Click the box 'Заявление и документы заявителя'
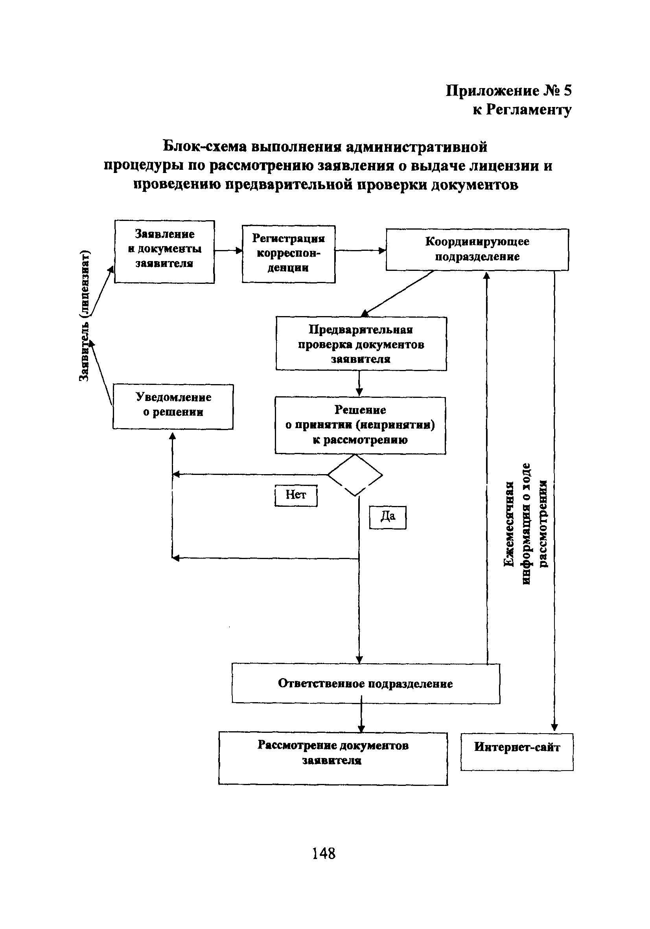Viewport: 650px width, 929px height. coord(164,251)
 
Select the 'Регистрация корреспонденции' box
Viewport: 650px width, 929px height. coord(288,254)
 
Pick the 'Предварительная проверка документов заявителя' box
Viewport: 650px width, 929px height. coord(361,343)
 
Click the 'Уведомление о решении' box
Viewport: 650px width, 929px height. coord(173,406)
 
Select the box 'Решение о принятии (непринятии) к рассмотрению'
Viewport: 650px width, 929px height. coord(360,425)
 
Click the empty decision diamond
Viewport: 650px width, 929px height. coord(355,475)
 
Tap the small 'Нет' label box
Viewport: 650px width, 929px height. coord(296,495)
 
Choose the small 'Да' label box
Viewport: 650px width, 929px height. coord(387,517)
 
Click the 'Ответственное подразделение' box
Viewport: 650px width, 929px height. coord(365,684)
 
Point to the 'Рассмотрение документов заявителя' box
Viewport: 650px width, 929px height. coord(333,758)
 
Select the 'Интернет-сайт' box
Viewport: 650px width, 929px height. coord(517,751)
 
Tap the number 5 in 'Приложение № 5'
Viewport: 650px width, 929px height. coord(567,91)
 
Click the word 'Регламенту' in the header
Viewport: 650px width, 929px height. coord(528,110)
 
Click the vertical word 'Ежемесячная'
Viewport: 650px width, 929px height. coord(509,524)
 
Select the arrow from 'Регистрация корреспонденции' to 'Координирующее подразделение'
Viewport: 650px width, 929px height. coord(360,250)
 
